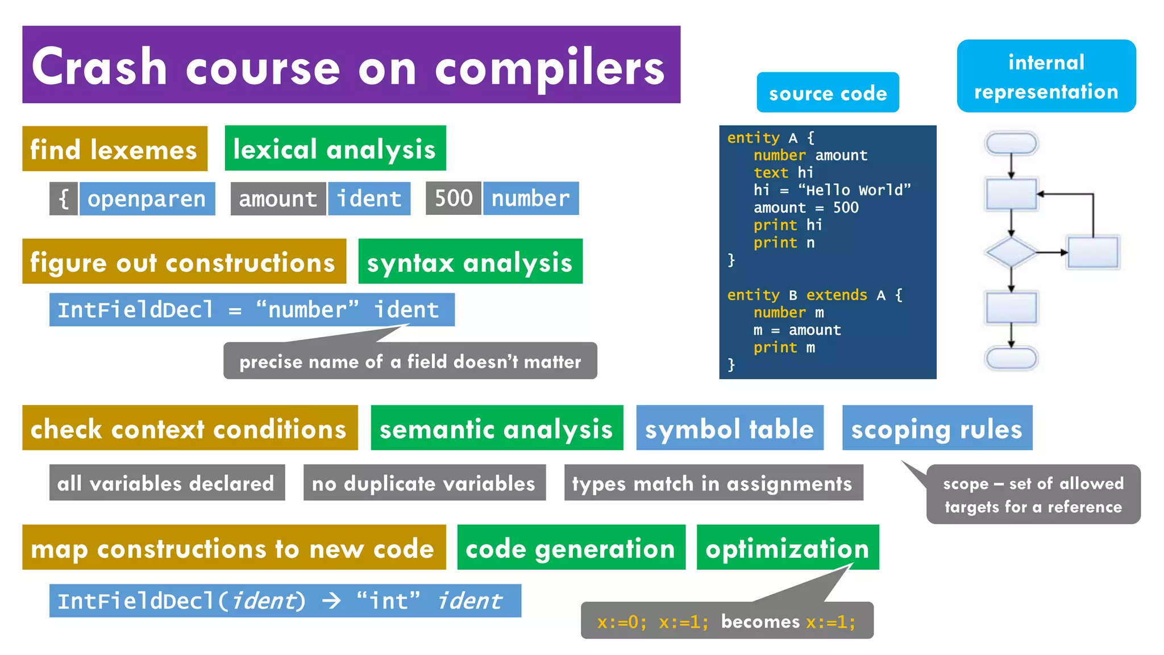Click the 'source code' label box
828,93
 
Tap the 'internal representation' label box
1046,76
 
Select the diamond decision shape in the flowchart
1011,252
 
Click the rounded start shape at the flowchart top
1011,143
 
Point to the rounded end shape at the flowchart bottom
1011,358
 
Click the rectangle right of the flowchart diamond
1093,252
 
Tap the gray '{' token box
64,199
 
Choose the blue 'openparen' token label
147,199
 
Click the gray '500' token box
453,198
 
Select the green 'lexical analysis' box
335,149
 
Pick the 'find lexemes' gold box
114,149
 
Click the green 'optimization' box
787,548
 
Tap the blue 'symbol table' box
729,428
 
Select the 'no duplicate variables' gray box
424,483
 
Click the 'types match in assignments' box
713,483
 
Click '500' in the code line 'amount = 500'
846,208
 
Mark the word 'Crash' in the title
99,67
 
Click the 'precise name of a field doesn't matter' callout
410,361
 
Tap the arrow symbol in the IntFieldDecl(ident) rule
331,600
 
